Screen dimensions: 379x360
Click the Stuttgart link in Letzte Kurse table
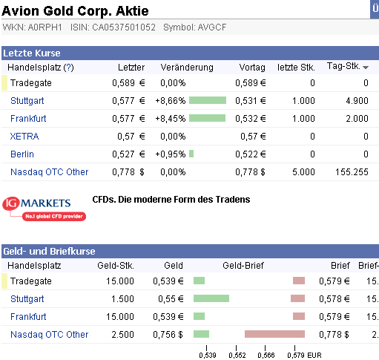27,101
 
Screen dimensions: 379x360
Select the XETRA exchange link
24,137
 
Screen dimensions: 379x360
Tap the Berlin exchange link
22,154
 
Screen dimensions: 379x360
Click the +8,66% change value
171,101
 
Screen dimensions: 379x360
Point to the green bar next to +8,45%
207,118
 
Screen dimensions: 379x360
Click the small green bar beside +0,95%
191,154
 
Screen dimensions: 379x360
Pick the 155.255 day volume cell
352,172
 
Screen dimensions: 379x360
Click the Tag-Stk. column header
343,66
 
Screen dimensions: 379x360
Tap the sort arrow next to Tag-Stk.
366,68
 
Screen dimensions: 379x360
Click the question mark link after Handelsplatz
69,68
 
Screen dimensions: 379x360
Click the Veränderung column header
187,68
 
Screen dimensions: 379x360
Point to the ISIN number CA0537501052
124,27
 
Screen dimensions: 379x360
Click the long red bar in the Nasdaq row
274,334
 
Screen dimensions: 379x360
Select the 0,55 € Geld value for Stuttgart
171,299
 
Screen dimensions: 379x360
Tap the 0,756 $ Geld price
168,335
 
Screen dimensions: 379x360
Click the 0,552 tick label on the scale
237,356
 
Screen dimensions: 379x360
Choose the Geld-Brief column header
243,266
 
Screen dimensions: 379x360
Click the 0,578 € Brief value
334,299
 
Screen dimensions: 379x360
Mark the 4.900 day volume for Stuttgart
357,101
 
